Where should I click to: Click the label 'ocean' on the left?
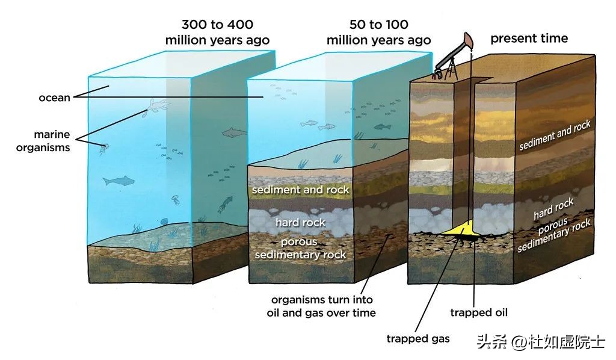pyautogui.click(x=54, y=98)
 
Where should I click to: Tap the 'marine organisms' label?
pyautogui.click(x=52, y=141)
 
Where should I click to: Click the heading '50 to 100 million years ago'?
pyautogui.click(x=378, y=33)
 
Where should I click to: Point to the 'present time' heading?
pyautogui.click(x=529, y=39)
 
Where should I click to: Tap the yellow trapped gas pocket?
pyautogui.click(x=460, y=229)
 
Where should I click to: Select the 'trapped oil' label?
pyautogui.click(x=479, y=312)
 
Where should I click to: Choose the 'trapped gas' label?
pyautogui.click(x=417, y=338)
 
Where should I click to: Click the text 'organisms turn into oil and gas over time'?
pyautogui.click(x=321, y=306)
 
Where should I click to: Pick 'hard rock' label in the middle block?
pyautogui.click(x=300, y=223)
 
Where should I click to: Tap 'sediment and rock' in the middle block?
pyautogui.click(x=300, y=190)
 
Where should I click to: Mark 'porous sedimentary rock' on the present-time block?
pyautogui.click(x=553, y=235)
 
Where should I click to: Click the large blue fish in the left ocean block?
pyautogui.click(x=118, y=180)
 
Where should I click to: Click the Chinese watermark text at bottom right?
pyautogui.click(x=541, y=343)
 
